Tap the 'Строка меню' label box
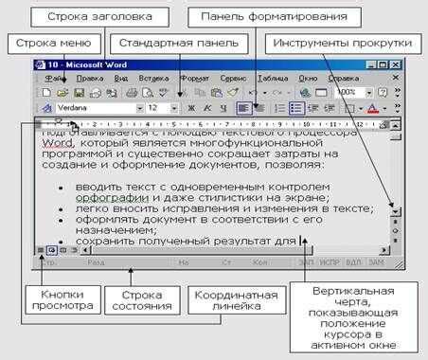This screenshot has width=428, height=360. click(x=52, y=44)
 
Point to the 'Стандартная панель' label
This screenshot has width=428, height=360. click(x=171, y=44)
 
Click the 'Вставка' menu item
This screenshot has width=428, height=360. click(x=152, y=78)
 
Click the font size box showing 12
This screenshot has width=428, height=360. click(x=155, y=108)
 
